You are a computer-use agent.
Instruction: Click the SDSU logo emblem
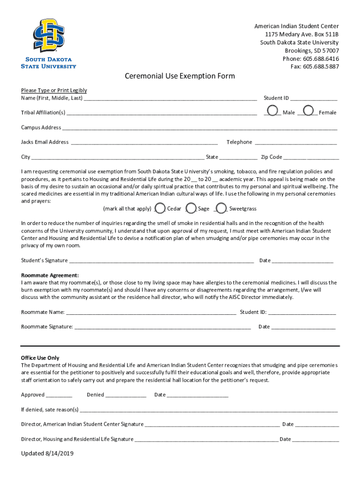tap(49, 36)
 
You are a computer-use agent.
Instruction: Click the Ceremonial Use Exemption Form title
tap(180, 76)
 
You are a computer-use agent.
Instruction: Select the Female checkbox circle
tap(309, 111)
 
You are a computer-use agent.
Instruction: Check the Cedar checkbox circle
tap(159, 208)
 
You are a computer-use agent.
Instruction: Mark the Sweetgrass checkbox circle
tap(222, 208)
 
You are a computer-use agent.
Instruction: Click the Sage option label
tap(203, 209)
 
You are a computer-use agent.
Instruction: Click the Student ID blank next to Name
tap(314, 99)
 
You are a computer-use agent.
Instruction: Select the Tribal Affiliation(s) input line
tap(161, 113)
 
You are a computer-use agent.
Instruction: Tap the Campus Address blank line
tap(200, 128)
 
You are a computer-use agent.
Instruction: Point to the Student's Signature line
tap(161, 261)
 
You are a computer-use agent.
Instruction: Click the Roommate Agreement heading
tap(50, 276)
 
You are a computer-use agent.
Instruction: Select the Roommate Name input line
tap(151, 312)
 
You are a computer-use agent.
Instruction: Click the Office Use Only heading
tap(40, 358)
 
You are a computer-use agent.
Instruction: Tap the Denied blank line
tap(126, 395)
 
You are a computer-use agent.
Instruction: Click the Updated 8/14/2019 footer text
tap(47, 453)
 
